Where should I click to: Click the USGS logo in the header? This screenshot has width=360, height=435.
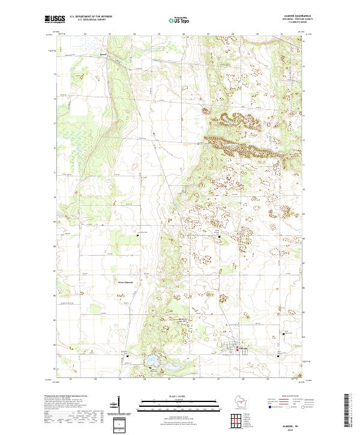coord(54,20)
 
